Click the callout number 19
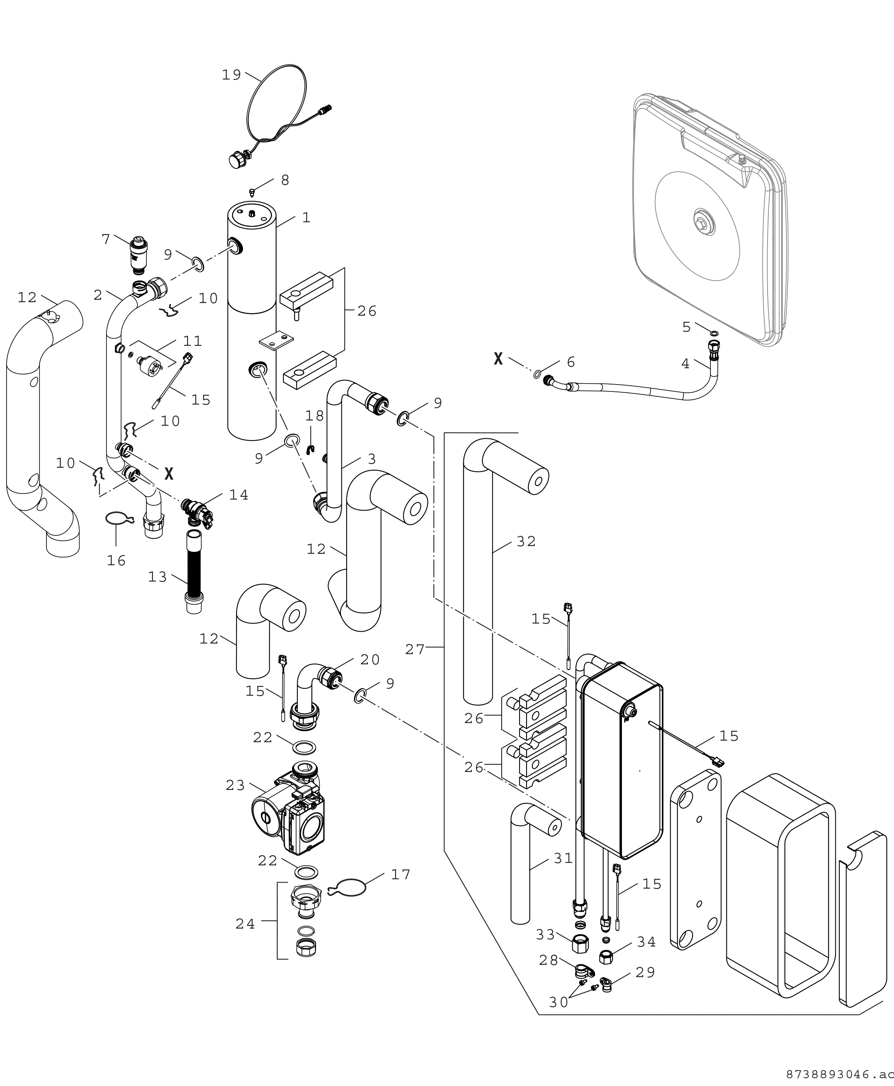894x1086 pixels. [231, 75]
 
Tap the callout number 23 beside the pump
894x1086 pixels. [235, 785]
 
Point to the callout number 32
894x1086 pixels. [526, 541]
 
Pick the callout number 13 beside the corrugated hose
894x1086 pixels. [157, 577]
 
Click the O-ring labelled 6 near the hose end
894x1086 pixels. [538, 374]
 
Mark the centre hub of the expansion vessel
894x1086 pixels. [702, 222]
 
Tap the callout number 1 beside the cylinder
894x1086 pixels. [306, 218]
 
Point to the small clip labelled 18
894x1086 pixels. [310, 451]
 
